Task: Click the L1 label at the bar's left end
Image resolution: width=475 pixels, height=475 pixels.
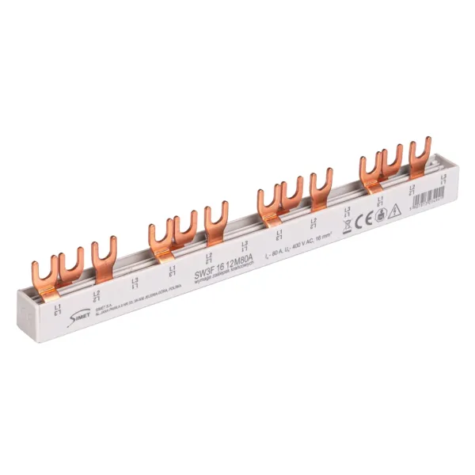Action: click(54, 305)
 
